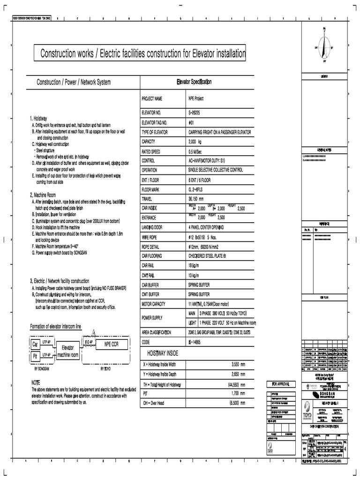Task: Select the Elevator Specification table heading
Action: [x=194, y=82]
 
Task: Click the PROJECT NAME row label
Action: [x=152, y=99]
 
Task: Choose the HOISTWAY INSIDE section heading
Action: [x=163, y=352]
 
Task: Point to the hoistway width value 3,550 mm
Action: [x=239, y=364]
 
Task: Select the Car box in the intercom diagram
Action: [x=35, y=345]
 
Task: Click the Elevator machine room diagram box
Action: [x=68, y=351]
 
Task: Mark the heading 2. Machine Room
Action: [x=45, y=195]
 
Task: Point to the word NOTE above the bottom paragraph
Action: [x=36, y=383]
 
